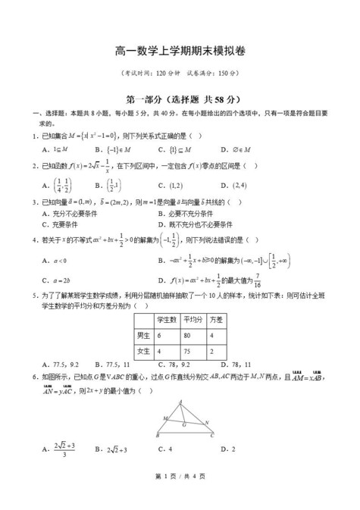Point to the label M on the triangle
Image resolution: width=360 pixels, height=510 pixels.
tap(164, 417)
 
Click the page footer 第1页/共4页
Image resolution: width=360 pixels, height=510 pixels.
tap(180, 496)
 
